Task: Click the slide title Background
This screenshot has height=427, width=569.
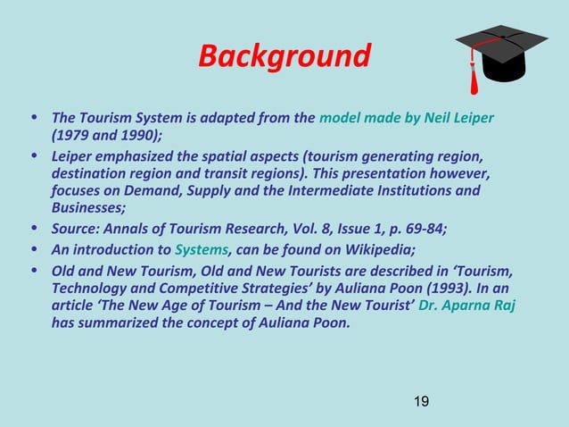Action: click(x=284, y=56)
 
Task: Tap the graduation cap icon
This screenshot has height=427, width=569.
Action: click(x=500, y=54)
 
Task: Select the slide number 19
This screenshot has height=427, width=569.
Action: click(x=421, y=401)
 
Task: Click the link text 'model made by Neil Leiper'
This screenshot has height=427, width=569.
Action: click(x=406, y=118)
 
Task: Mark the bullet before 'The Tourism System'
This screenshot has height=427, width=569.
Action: click(x=33, y=118)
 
